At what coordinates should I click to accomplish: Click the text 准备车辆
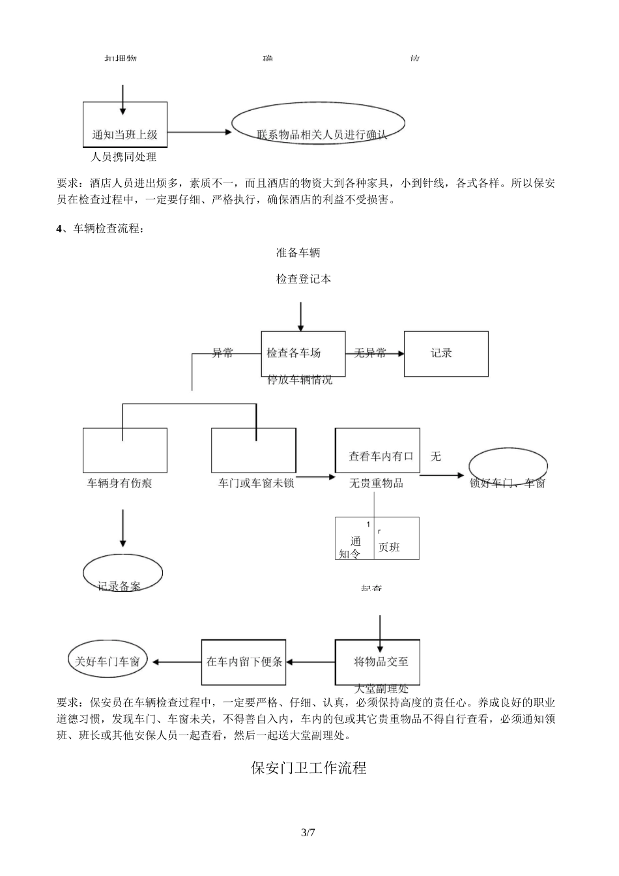pyautogui.click(x=298, y=253)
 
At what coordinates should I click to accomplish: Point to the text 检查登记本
pyautogui.click(x=304, y=279)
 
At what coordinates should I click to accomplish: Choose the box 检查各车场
pyautogui.click(x=303, y=353)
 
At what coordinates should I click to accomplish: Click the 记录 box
pyautogui.click(x=446, y=353)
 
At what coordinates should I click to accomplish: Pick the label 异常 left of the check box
pyautogui.click(x=222, y=353)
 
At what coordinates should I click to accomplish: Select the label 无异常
pyautogui.click(x=370, y=353)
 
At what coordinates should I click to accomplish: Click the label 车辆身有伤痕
pyautogui.click(x=120, y=483)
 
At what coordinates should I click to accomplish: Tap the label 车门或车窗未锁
pyautogui.click(x=256, y=483)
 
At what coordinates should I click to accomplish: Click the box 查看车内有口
pyautogui.click(x=377, y=450)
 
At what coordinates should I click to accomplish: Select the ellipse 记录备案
pyautogui.click(x=122, y=574)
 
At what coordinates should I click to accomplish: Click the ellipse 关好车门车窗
pyautogui.click(x=108, y=661)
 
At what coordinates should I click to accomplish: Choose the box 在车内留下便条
pyautogui.click(x=244, y=662)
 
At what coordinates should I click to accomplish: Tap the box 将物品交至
pyautogui.click(x=377, y=662)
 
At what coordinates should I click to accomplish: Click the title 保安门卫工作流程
pyautogui.click(x=309, y=768)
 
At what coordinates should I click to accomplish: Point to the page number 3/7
pyautogui.click(x=308, y=832)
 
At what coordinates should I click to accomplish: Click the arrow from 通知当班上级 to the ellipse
pyautogui.click(x=199, y=132)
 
